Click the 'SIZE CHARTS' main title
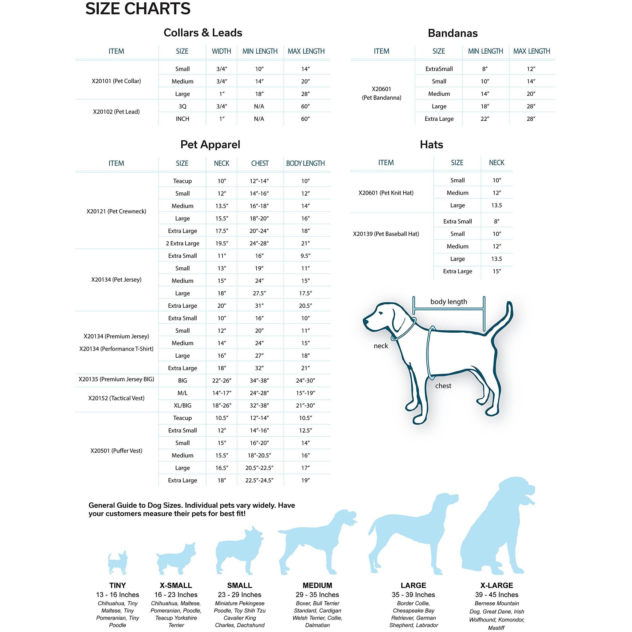[138, 9]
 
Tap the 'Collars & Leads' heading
[203, 33]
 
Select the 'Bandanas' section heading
[452, 33]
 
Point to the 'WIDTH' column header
[221, 51]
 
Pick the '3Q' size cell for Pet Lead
[182, 106]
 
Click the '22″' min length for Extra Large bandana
[485, 119]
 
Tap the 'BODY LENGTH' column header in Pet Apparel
[305, 163]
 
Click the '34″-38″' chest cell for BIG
[259, 380]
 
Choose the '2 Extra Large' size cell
[182, 243]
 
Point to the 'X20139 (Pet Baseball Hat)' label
[386, 234]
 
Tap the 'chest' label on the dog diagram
[443, 386]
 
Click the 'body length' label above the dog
[448, 302]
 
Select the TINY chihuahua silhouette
[118, 563]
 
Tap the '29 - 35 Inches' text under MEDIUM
[317, 595]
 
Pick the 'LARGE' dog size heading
[413, 585]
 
